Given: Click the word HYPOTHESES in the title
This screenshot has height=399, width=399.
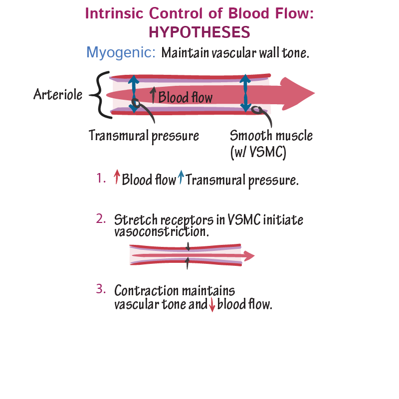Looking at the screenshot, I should tap(199, 32).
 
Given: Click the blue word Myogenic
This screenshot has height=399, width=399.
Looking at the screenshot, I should tap(121, 52).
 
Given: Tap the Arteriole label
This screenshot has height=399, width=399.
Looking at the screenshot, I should tap(58, 94).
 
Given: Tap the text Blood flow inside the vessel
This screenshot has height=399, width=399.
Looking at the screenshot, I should tap(185, 97).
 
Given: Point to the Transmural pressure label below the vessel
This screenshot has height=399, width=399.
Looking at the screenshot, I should tap(144, 135).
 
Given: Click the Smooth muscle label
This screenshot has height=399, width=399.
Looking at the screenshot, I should tap(271, 135).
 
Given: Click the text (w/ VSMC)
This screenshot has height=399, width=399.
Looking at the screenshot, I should tap(258, 152).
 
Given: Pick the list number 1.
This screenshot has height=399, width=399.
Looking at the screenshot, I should tap(101, 178).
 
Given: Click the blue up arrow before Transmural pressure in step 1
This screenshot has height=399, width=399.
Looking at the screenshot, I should tap(181, 177).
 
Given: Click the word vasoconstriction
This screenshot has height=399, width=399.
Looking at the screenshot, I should tap(161, 232).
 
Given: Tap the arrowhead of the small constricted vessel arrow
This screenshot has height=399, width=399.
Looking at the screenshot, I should tap(249, 256).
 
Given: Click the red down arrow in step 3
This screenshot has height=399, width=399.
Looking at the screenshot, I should tap(212, 305).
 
